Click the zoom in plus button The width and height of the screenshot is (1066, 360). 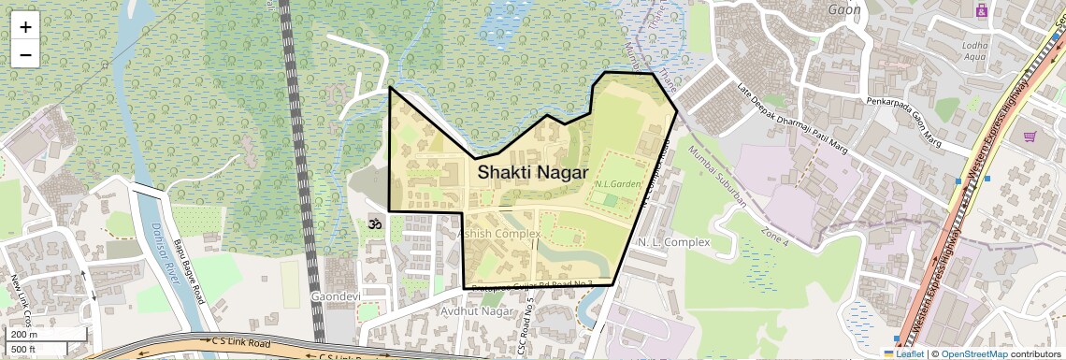(25, 27)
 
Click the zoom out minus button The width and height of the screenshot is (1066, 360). (25, 54)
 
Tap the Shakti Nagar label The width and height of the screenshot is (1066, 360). (532, 173)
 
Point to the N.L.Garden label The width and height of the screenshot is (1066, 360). (617, 184)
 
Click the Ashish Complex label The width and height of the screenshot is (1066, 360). (501, 233)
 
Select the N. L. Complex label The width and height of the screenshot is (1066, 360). (673, 242)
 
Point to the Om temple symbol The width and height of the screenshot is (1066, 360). (376, 225)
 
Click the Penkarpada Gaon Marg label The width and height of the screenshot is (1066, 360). (903, 122)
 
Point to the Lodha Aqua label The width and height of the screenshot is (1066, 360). (976, 50)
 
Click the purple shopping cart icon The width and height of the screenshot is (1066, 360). (1030, 137)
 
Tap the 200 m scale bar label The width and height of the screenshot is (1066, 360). (24, 334)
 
